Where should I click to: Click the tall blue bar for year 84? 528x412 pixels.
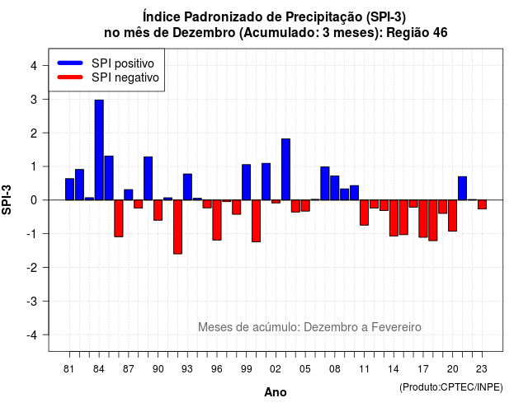pyautogui.click(x=99, y=150)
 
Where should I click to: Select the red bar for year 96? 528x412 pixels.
pyautogui.click(x=217, y=220)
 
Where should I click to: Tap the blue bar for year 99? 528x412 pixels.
pyautogui.click(x=246, y=182)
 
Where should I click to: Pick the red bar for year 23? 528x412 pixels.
pyautogui.click(x=482, y=204)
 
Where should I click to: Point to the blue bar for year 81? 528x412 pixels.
pyautogui.click(x=69, y=189)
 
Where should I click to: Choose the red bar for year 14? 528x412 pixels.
pyautogui.click(x=394, y=218)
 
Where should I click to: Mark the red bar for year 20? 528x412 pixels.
pyautogui.click(x=453, y=216)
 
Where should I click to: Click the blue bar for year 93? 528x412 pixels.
pyautogui.click(x=187, y=187)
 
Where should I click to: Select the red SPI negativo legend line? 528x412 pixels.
pyautogui.click(x=70, y=77)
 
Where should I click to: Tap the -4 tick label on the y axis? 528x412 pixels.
pyautogui.click(x=32, y=335)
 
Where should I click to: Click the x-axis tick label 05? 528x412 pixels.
pyautogui.click(x=305, y=369)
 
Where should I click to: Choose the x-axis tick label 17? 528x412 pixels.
pyautogui.click(x=423, y=369)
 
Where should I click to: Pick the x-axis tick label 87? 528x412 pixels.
pyautogui.click(x=129, y=369)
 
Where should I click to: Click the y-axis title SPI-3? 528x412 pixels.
pyautogui.click(x=7, y=199)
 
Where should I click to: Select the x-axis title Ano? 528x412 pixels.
pyautogui.click(x=276, y=392)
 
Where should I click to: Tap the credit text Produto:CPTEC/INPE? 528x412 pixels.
pyautogui.click(x=451, y=387)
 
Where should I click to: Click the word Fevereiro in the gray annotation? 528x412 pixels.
pyautogui.click(x=396, y=327)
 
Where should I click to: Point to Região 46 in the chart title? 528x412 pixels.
pyautogui.click(x=417, y=33)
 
